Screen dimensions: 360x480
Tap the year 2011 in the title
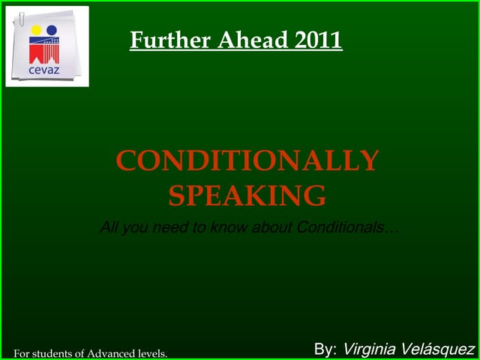pos(318,40)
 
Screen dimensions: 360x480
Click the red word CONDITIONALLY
pos(247,161)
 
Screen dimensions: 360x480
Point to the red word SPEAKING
pos(247,196)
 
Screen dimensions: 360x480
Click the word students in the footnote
pos(51,352)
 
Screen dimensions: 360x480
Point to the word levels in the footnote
pos(152,352)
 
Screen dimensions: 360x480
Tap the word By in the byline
pos(325,349)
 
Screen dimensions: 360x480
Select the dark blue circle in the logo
pos(52,31)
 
